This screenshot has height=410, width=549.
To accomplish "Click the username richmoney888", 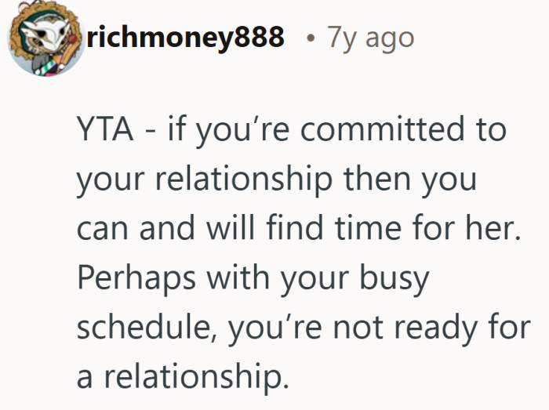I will (x=186, y=37).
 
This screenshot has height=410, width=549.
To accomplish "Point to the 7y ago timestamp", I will (x=371, y=37).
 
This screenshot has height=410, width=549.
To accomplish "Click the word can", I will (x=102, y=229).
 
